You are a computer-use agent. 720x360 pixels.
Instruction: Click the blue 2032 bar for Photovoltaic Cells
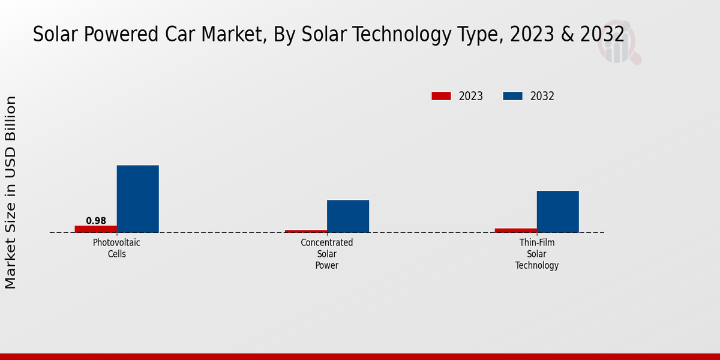(x=137, y=199)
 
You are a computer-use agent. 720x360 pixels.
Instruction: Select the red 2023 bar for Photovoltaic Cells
(x=95, y=229)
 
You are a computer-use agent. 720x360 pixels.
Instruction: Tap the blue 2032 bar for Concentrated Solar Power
(x=347, y=216)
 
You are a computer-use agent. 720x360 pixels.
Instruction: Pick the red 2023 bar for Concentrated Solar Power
(x=306, y=231)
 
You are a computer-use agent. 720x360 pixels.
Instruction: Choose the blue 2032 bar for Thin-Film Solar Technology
(x=557, y=211)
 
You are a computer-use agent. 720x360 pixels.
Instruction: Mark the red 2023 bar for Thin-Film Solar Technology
(x=516, y=230)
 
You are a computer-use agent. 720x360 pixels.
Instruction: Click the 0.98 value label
(x=96, y=221)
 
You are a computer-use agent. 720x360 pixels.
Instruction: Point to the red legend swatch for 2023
(x=441, y=96)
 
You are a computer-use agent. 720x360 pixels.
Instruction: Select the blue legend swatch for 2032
(x=512, y=96)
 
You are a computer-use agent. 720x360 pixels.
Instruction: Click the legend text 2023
(x=471, y=96)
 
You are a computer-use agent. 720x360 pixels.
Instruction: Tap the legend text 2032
(x=542, y=96)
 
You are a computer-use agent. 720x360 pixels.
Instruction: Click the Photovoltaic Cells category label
(x=117, y=248)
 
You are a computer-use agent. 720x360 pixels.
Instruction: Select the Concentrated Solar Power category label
(x=327, y=254)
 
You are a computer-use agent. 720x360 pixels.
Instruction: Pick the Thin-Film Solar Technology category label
(x=537, y=254)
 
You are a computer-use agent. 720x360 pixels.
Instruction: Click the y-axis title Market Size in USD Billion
(x=11, y=192)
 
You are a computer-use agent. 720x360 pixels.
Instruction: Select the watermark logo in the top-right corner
(x=618, y=44)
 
